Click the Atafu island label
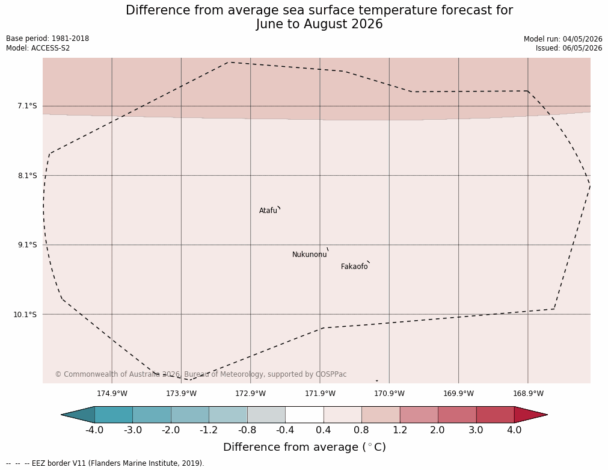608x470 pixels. [x=268, y=211]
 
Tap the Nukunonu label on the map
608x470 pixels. [x=310, y=255]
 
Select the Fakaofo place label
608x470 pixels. [x=354, y=267]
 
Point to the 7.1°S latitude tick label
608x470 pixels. [x=27, y=106]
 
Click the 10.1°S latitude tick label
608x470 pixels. [x=25, y=314]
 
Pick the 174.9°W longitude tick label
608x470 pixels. [x=112, y=394]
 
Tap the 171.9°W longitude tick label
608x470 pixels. [x=320, y=394]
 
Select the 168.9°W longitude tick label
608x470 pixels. [x=528, y=394]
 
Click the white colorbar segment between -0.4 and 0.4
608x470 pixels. [x=304, y=415]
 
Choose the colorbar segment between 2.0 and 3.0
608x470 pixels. [x=457, y=415]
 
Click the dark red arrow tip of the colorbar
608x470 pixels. [x=547, y=415]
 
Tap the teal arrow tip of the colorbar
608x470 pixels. [x=61, y=415]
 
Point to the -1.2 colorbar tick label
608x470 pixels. [x=209, y=430]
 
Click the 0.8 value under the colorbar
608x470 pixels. [x=361, y=430]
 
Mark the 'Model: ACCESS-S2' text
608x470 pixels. [x=38, y=48]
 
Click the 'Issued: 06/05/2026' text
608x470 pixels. [x=569, y=48]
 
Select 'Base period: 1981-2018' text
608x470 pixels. [x=48, y=39]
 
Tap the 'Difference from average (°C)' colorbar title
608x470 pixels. [x=304, y=447]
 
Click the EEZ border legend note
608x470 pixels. [x=105, y=463]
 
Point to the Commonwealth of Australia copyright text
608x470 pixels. [x=200, y=374]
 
